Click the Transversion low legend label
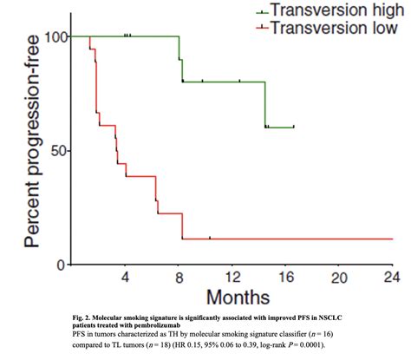point(328,28)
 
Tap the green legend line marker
point(261,11)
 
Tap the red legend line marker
point(261,29)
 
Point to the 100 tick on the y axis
point(51,36)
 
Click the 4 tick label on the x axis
point(125,277)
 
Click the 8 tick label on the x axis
point(179,277)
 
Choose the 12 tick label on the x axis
point(232,277)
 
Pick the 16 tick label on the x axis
point(284,277)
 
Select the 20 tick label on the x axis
point(338,277)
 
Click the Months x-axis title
point(231,298)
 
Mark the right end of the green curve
point(294,127)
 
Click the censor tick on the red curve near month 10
point(209,238)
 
